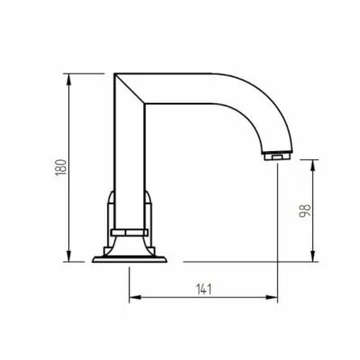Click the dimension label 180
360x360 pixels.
click(x=61, y=167)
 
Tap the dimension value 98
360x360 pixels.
click(x=305, y=211)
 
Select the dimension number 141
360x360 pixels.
click(x=204, y=290)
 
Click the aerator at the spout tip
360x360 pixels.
click(x=277, y=157)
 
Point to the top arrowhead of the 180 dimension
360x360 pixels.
click(x=69, y=79)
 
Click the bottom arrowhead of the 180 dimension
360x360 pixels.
click(x=69, y=256)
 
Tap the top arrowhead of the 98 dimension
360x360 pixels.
click(x=313, y=166)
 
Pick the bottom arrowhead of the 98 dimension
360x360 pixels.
click(x=313, y=256)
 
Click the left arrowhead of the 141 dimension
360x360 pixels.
click(x=135, y=297)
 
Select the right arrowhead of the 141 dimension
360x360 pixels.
click(x=272, y=297)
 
